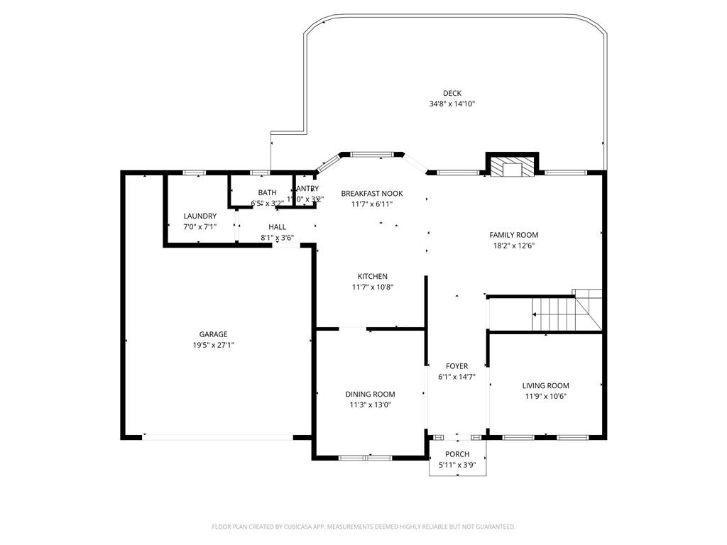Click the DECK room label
pos(452,93)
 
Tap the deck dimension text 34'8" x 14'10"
pos(452,104)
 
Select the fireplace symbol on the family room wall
pos(511,167)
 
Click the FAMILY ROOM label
pos(513,235)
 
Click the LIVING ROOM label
pos(545,386)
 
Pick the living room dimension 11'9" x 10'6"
pos(545,397)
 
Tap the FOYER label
pos(457,366)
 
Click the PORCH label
pos(457,454)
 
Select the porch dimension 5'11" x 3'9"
pos(457,465)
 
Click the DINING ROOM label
pos(370,395)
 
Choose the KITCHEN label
pos(372,276)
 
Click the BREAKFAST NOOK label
pos(371,193)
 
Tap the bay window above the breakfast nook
pos(372,153)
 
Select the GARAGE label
pos(213,334)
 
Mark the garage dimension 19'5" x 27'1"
pos(213,345)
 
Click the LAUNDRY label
pos(199,216)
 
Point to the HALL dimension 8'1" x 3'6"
pos(277,238)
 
